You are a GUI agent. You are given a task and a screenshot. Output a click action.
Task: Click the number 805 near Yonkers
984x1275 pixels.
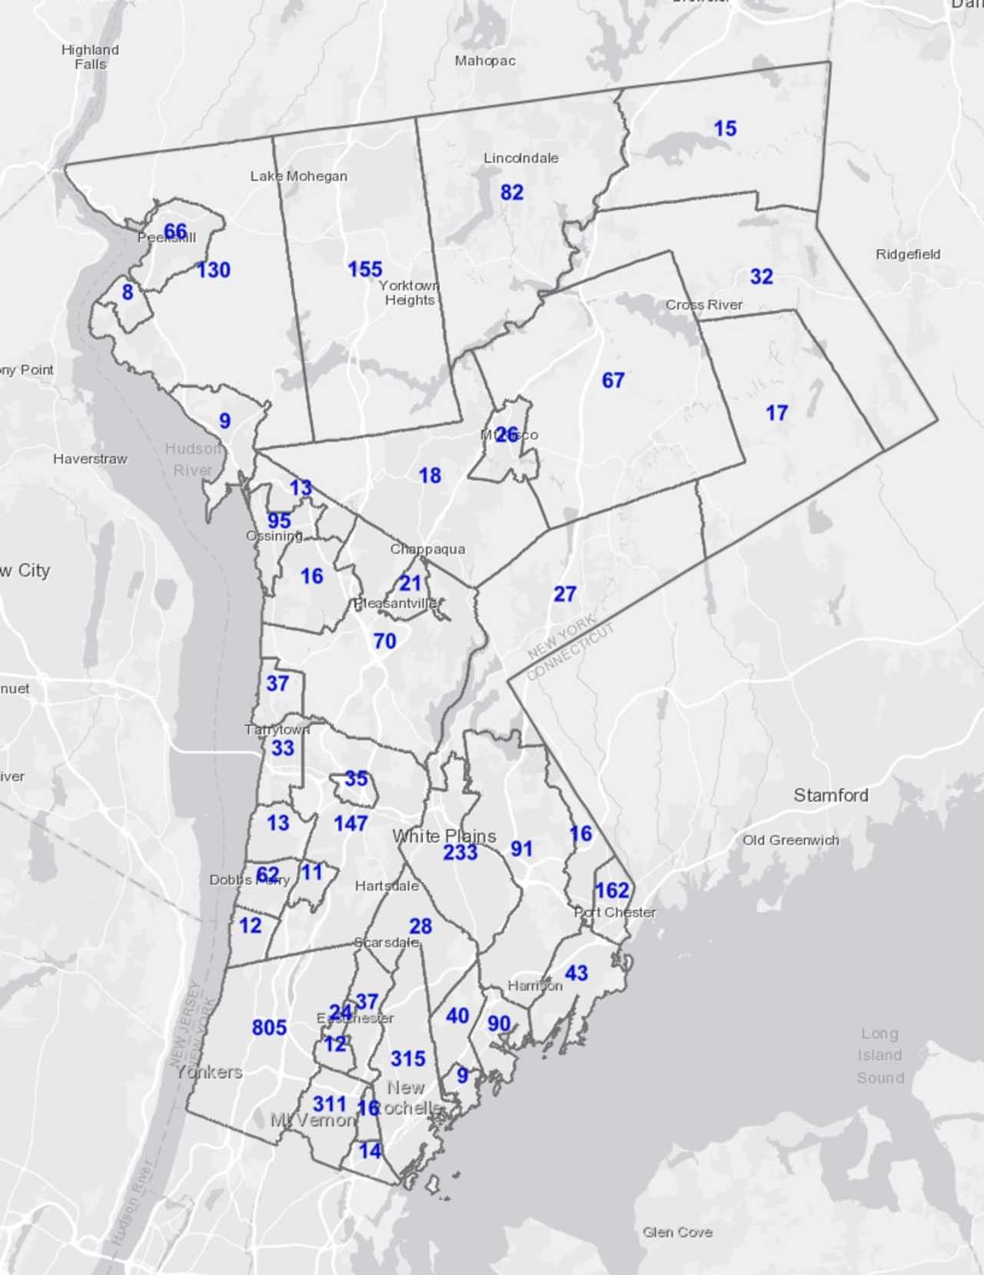pos(269,1027)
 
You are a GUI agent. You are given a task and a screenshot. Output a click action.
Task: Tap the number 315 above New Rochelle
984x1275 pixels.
pos(407,1059)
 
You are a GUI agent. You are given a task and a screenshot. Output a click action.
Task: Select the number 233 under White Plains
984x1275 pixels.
pos(460,852)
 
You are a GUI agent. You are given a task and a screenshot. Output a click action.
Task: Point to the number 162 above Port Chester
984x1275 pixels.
pos(612,891)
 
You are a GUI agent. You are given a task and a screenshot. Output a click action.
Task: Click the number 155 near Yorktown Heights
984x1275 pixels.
pos(364,269)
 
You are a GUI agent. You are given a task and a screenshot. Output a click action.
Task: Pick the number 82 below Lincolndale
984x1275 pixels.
pos(511,192)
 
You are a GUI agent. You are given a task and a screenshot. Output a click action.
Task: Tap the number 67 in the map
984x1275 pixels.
pos(613,380)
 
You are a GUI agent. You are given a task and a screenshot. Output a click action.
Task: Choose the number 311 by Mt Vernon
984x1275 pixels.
pos(329,1104)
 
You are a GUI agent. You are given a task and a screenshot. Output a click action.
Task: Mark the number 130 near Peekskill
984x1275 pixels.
pos(214,270)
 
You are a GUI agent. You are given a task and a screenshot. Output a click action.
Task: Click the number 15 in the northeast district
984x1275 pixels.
pos(725,128)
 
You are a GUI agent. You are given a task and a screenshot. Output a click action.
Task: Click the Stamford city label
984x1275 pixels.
pos(830,795)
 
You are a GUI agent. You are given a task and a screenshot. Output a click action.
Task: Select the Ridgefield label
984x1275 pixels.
pos(907,255)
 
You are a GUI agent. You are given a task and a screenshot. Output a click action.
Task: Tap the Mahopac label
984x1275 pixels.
pos(484,61)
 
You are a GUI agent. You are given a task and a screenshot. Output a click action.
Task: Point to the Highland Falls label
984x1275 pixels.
pos(90,57)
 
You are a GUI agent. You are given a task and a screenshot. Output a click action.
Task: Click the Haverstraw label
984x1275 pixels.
pos(90,459)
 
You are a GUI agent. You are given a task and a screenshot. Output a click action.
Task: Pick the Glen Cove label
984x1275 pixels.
pos(677,1232)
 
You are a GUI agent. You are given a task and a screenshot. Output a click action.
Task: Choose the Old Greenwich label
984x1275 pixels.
pos(790,841)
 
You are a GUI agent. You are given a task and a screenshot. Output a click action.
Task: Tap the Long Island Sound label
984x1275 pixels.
pos(879,1055)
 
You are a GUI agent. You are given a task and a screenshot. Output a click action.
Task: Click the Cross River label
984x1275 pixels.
pos(703,305)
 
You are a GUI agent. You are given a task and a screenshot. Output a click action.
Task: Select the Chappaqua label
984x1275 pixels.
pos(427,549)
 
